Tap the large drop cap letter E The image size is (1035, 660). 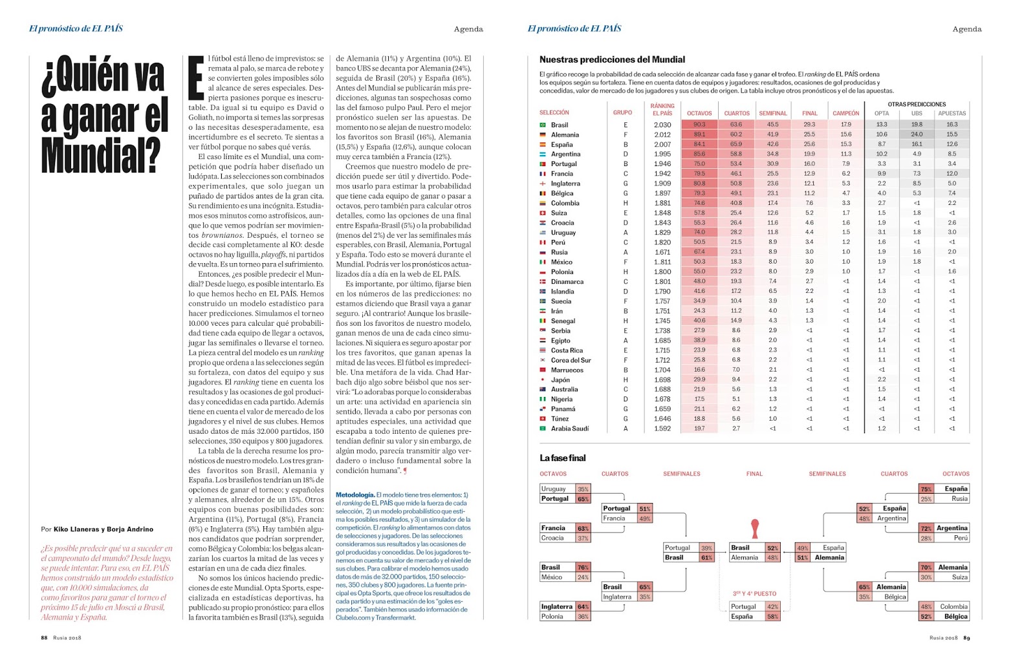coord(196,79)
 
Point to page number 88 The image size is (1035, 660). coord(44,638)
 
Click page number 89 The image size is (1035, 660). coord(966,638)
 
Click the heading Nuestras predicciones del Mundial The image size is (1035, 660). coord(612,59)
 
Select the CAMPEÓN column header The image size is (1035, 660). coord(845,113)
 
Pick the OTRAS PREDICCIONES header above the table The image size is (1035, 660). coord(917,104)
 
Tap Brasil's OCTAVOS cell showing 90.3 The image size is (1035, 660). coord(699,125)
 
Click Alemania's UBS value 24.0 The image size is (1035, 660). coord(917,134)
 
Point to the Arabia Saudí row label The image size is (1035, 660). coord(569,429)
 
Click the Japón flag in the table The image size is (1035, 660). coord(543,380)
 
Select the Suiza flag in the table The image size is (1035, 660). coord(543,213)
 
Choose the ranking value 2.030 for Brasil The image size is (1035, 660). coord(662,125)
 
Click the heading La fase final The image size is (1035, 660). coord(562,458)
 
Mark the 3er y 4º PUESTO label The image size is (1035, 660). coord(754,593)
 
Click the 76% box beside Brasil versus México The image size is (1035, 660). coord(583,568)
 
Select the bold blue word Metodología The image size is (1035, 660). coord(355,495)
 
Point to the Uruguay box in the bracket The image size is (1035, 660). coord(554,489)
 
